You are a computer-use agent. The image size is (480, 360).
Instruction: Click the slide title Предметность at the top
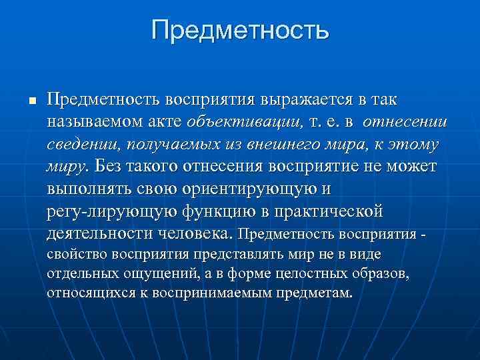pyautogui.click(x=240, y=29)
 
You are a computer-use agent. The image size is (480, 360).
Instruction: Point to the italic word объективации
pyautogui.click(x=245, y=122)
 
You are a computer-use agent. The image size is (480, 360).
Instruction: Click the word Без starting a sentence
pyautogui.click(x=111, y=166)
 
